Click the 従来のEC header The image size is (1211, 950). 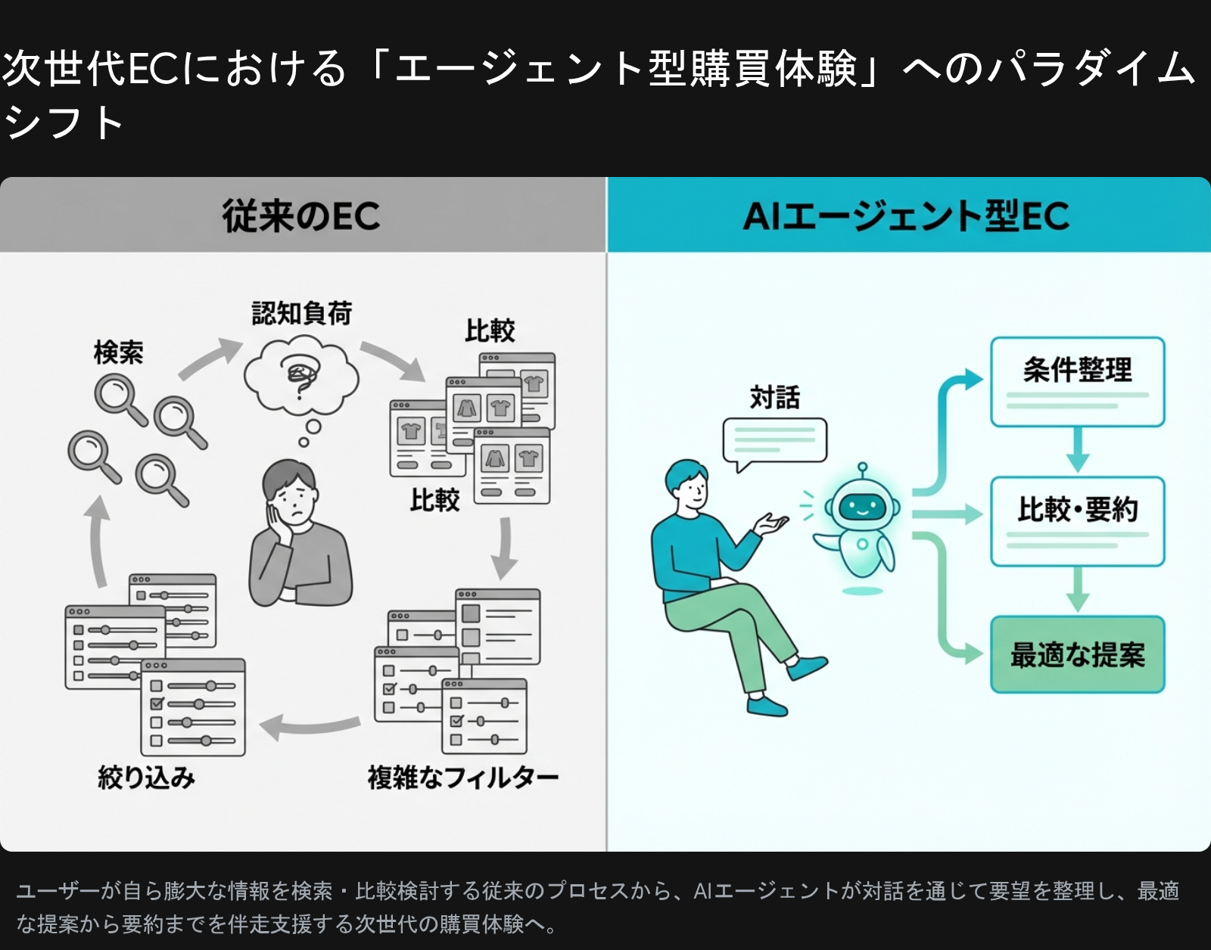[301, 216]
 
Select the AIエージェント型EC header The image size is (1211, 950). [906, 216]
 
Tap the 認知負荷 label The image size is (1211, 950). [302, 313]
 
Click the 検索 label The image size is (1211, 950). [118, 352]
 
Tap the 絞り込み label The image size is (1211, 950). [146, 777]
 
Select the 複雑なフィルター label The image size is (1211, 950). [462, 777]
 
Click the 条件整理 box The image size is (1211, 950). [1077, 381]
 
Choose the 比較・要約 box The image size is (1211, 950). [1077, 521]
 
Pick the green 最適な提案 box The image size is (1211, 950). [1077, 655]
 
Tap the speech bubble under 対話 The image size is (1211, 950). [774, 440]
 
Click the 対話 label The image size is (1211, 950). [774, 397]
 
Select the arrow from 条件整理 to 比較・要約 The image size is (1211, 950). [1077, 451]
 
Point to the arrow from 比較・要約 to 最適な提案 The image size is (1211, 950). [1077, 591]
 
